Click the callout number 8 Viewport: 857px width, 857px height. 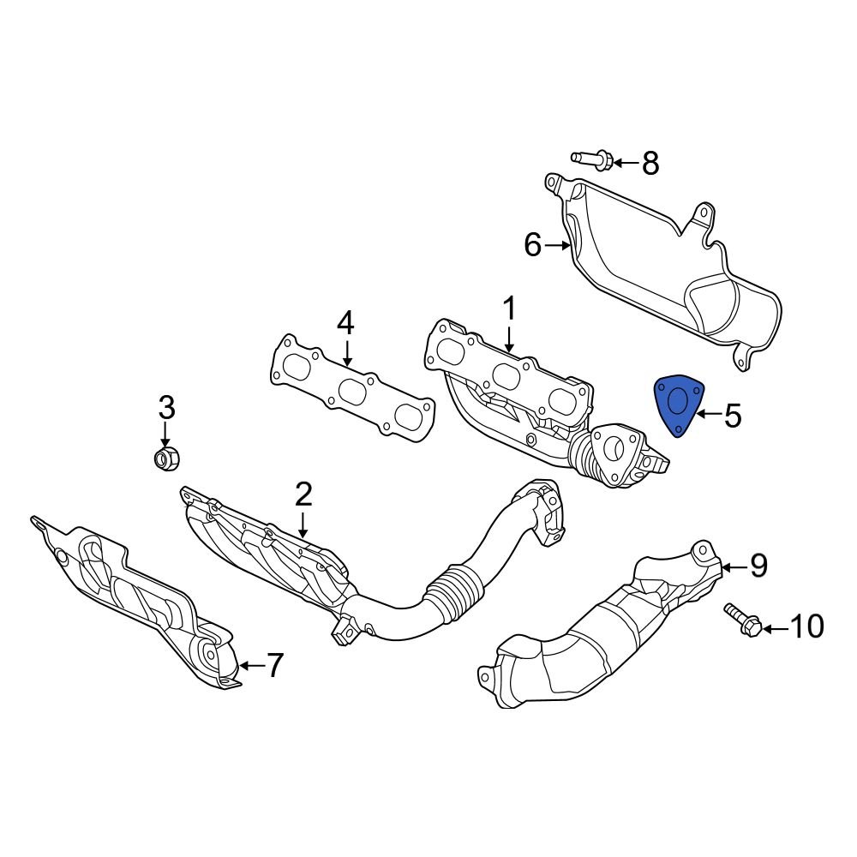pyautogui.click(x=650, y=163)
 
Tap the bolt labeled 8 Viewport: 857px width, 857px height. pyautogui.click(x=591, y=159)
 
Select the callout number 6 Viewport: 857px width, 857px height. pyautogui.click(x=532, y=246)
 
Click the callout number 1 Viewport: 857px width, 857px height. pyautogui.click(x=509, y=309)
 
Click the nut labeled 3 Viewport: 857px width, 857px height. pyautogui.click(x=165, y=458)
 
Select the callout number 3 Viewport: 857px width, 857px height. pyautogui.click(x=165, y=406)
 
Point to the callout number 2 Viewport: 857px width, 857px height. pyautogui.click(x=303, y=494)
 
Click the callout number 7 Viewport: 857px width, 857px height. pyautogui.click(x=273, y=665)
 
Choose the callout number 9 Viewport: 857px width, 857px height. pyautogui.click(x=758, y=566)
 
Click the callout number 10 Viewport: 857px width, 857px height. pyautogui.click(x=806, y=628)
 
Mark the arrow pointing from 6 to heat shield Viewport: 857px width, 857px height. pyautogui.click(x=560, y=246)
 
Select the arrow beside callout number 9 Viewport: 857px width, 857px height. pyautogui.click(x=733, y=566)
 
